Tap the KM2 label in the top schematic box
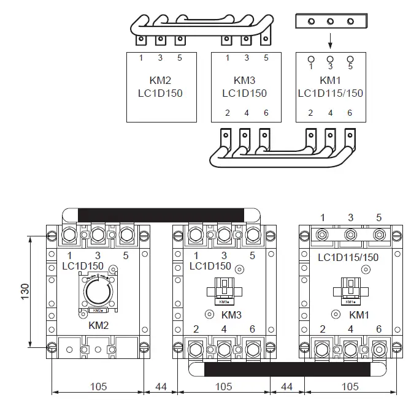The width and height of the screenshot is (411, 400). [161, 80]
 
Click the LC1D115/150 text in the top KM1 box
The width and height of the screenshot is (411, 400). [330, 93]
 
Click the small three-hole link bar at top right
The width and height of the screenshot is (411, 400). [330, 21]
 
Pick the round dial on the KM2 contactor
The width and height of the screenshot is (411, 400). [97, 293]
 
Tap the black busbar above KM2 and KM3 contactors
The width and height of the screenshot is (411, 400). [161, 215]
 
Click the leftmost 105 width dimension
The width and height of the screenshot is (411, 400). [98, 387]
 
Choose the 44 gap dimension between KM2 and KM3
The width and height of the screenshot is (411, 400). [161, 387]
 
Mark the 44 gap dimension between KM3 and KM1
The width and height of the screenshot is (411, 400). [287, 387]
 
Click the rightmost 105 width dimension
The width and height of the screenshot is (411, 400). [350, 387]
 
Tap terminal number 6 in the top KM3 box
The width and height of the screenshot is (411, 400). [266, 113]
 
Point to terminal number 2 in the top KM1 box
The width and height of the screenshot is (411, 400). [311, 113]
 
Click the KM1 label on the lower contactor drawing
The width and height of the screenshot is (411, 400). [359, 315]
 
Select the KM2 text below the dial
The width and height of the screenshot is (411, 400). [98, 325]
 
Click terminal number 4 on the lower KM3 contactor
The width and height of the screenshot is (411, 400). [224, 330]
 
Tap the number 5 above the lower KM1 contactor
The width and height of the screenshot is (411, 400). [378, 217]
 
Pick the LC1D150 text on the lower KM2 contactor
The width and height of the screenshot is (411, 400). [83, 266]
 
